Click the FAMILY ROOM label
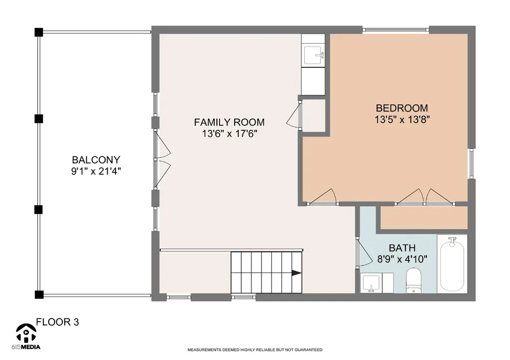pyautogui.click(x=229, y=122)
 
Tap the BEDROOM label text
pyautogui.click(x=402, y=108)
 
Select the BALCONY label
pyautogui.click(x=96, y=160)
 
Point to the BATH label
pyautogui.click(x=402, y=248)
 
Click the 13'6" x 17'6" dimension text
pyautogui.click(x=230, y=133)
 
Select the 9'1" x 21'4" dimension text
pyautogui.click(x=96, y=171)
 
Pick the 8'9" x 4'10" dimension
pyautogui.click(x=402, y=259)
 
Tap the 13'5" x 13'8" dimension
pyautogui.click(x=402, y=120)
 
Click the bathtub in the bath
pyautogui.click(x=452, y=264)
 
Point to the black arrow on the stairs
pyautogui.click(x=296, y=273)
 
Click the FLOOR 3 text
pyautogui.click(x=57, y=322)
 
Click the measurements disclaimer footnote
pyautogui.click(x=255, y=350)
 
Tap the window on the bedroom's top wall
pyautogui.click(x=395, y=30)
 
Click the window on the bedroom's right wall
pyautogui.click(x=471, y=163)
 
